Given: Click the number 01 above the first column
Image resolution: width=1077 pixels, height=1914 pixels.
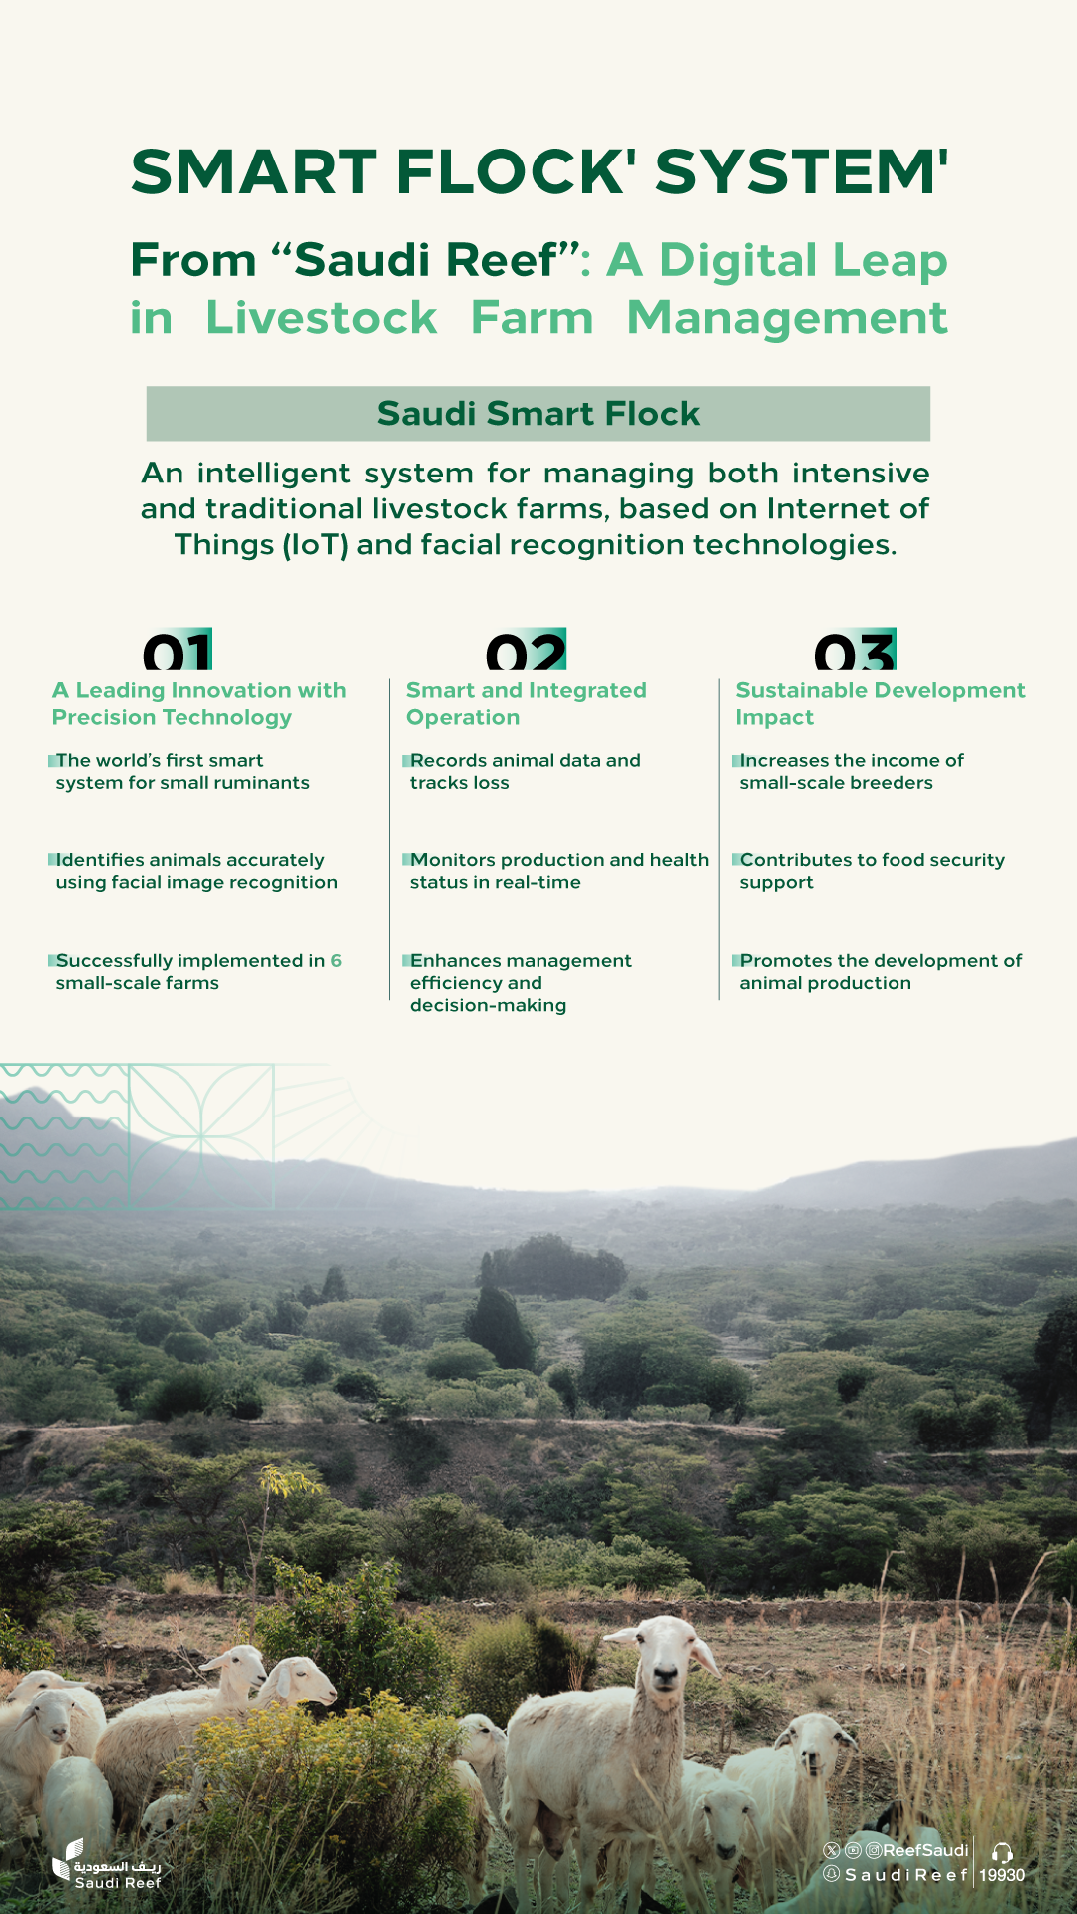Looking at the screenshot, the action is tap(178, 650).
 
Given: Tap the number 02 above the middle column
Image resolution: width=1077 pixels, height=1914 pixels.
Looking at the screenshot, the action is tap(526, 650).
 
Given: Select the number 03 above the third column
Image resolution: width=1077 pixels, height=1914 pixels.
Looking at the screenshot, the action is tap(855, 650).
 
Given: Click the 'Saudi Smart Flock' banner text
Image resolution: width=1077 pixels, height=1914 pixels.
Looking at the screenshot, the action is tap(538, 413).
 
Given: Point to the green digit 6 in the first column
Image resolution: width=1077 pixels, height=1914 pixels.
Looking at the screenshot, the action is tap(336, 960).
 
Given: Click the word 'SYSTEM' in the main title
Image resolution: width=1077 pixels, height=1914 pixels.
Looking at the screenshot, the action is tap(801, 171).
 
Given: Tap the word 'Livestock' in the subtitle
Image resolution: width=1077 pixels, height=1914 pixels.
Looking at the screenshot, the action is tap(321, 318).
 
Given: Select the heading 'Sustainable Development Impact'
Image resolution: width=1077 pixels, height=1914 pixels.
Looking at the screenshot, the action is tap(881, 703).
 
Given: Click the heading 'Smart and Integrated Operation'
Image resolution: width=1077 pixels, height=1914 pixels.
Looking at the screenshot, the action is tap(527, 703).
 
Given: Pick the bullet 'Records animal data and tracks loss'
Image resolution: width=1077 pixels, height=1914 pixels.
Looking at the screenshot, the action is tap(524, 771).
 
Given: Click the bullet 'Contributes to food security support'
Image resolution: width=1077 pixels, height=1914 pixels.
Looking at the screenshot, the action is tap(870, 870).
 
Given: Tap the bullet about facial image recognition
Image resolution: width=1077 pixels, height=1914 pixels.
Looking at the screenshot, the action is tap(194, 870).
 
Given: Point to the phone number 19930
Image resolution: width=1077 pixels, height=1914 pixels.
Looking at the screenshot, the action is tap(1002, 1875).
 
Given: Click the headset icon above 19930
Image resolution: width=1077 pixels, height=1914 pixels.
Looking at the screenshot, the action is tap(1002, 1852).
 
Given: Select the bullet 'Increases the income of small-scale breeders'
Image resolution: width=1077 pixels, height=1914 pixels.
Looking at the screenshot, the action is tap(849, 771).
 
